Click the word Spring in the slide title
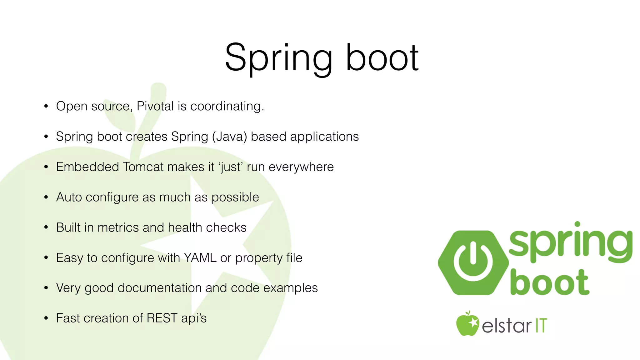278,59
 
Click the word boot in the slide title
382,59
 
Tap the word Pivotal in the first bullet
155,106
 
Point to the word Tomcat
143,167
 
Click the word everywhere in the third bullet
301,167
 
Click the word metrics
118,227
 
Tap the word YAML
200,258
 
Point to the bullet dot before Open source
46,107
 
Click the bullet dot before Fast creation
46,318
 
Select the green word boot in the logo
550,283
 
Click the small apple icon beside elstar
467,324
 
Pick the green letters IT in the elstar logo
541,326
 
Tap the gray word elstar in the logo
506,326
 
